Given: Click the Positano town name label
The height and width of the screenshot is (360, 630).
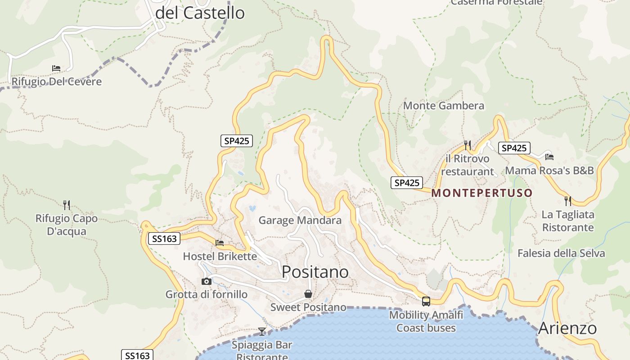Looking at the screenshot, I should point(315,272).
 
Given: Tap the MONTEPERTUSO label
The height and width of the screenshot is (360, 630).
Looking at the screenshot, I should point(481,193).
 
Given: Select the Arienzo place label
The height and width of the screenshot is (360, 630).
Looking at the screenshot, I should point(567,328).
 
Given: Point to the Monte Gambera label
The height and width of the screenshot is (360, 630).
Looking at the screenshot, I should point(444,106).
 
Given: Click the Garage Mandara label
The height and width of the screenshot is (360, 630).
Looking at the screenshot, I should point(300,220).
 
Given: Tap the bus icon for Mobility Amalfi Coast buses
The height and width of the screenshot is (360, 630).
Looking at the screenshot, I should point(426,301).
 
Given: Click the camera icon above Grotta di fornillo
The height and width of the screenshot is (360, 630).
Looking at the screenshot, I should point(207,281).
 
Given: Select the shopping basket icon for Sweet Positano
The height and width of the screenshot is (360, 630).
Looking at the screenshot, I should point(308,294).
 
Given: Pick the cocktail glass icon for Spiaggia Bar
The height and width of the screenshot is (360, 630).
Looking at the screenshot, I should point(262,332).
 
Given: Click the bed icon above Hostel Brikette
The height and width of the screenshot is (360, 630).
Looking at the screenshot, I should point(220,243).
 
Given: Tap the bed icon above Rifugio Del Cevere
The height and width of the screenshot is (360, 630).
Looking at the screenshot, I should point(56,68).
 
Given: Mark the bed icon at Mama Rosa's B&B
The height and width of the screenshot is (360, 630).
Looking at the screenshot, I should point(549,157).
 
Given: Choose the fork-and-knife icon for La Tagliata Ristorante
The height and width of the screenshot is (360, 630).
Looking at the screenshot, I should point(568,201).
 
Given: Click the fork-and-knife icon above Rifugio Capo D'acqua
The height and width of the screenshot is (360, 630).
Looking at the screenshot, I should point(67,205).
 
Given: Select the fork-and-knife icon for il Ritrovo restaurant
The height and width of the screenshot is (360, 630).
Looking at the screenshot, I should point(468,145).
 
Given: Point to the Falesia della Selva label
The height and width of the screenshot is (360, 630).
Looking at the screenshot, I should point(561,253).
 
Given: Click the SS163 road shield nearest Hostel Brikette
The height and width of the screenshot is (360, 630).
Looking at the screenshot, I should point(164,238).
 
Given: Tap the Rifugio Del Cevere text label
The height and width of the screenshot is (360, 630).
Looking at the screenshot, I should point(57,82).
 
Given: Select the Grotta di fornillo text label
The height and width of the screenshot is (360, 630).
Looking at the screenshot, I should point(207,295).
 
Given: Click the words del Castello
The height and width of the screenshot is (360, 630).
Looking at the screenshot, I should point(200,13).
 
